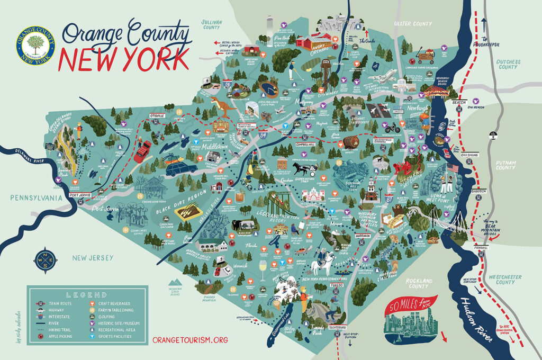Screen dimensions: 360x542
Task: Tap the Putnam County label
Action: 509,164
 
